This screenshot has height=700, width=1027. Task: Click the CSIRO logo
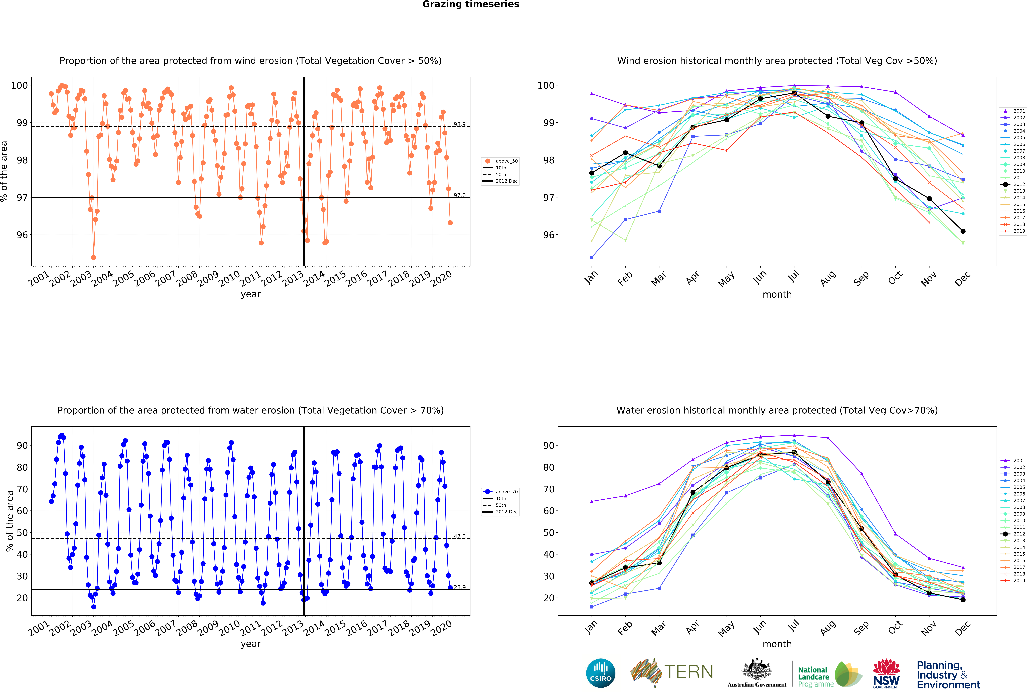601,673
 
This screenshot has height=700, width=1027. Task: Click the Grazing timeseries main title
471,4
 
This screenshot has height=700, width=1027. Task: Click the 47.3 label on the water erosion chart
459,536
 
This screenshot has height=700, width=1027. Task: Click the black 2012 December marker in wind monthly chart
963,231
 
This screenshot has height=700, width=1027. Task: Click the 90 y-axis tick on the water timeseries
22,445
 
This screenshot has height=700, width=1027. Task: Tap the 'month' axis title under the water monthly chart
777,644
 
